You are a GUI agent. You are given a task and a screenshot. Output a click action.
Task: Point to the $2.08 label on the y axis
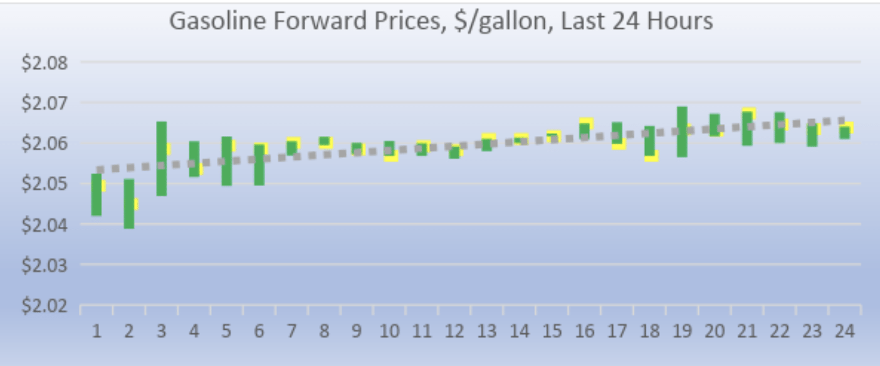(45, 63)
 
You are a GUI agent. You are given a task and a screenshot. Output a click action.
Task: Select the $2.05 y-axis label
(45, 184)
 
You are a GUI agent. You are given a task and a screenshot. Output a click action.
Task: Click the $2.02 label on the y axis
(45, 306)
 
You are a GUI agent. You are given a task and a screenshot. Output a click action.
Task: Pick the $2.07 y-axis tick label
(45, 103)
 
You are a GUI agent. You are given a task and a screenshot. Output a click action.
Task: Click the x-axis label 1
(97, 330)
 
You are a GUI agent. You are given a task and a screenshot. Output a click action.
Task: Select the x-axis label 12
(454, 330)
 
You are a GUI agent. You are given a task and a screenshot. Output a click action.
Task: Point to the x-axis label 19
(682, 330)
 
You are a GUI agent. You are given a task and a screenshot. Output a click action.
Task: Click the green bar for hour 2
(128, 204)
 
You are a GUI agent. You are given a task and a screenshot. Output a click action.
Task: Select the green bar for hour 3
(161, 159)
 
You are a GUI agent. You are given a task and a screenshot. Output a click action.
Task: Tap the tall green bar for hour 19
(682, 132)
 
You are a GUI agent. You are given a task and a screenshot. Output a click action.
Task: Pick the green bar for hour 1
(97, 194)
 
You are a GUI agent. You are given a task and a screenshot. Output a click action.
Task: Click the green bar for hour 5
(226, 161)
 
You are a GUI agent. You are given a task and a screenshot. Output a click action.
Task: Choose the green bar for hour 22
(780, 127)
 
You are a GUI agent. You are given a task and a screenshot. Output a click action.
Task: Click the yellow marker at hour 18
(652, 157)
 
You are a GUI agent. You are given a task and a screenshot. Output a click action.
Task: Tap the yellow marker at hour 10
(392, 157)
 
